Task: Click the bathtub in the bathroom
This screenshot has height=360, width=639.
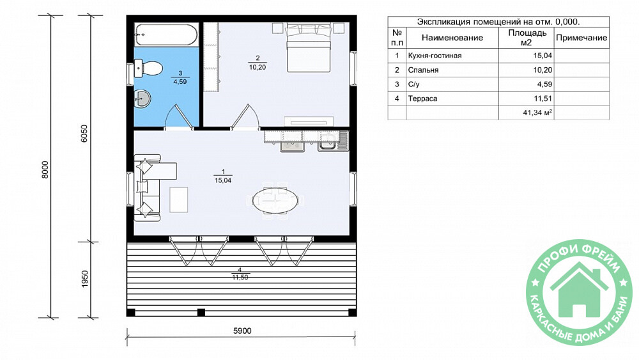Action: pos(166,35)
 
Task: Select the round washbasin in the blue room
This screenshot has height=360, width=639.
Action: pos(142,98)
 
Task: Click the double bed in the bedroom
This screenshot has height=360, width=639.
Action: pos(308,48)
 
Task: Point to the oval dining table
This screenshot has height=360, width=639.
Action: pos(275,200)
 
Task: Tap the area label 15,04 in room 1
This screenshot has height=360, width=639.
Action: pos(223,180)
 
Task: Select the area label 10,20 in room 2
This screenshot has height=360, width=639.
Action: pos(258,67)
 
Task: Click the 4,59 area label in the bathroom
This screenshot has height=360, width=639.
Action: pos(180,82)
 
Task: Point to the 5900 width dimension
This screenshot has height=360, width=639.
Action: pos(242,331)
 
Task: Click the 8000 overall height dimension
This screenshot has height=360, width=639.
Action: pos(45,169)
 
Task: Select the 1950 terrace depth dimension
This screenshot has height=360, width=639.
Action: pos(85,279)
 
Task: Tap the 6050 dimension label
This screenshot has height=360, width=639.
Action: pos(84,133)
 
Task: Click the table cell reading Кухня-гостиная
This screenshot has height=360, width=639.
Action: pos(435,56)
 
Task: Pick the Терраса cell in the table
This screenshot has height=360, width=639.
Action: pos(422,98)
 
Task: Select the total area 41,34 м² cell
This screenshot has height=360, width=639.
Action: pos(537,113)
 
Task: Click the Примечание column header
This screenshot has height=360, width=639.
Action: pos(581,38)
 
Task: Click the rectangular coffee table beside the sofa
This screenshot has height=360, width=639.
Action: pos(178,200)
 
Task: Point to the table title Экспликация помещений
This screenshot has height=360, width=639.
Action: pos(468,22)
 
